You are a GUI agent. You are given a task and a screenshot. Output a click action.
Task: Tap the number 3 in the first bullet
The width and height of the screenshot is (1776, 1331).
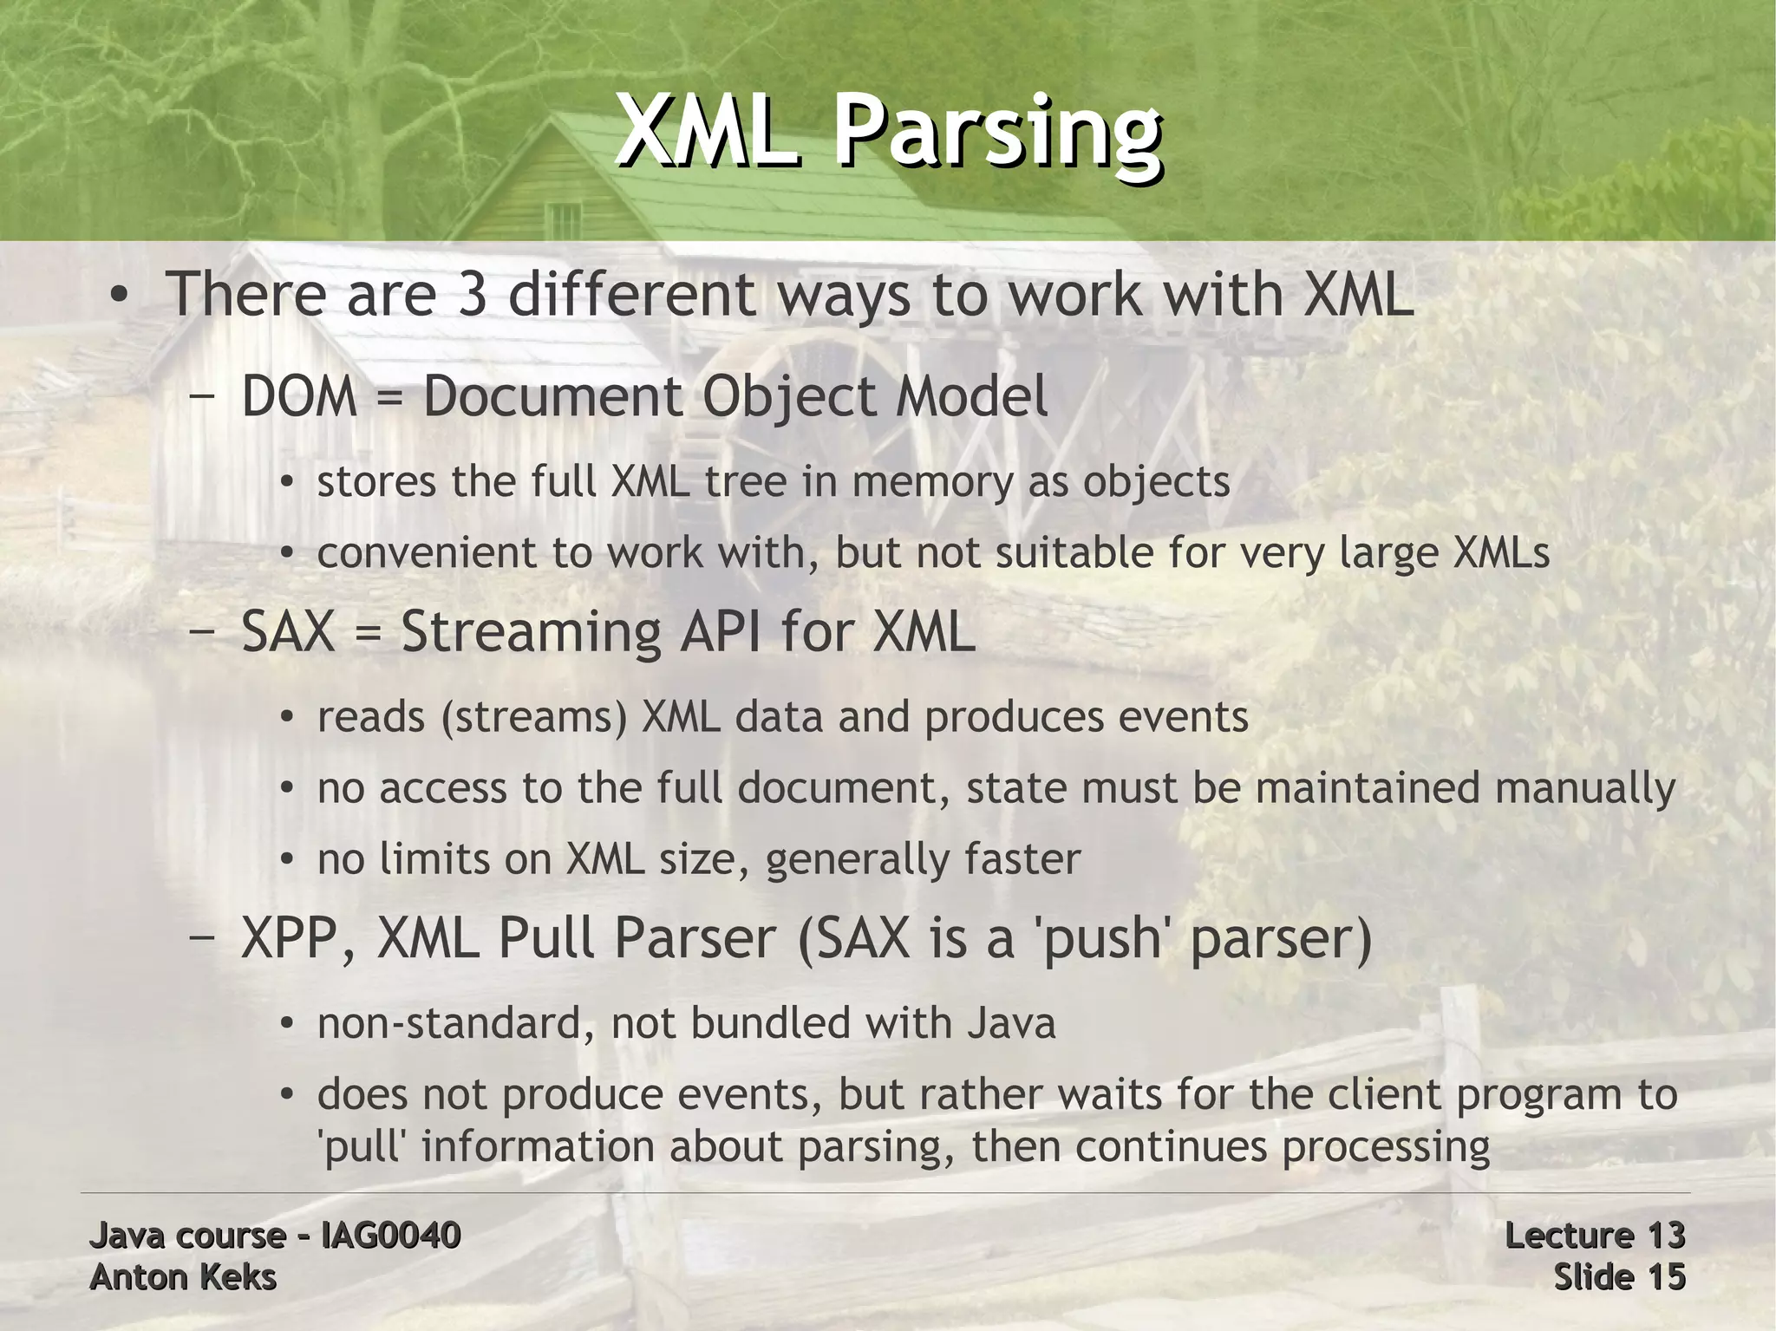(x=469, y=295)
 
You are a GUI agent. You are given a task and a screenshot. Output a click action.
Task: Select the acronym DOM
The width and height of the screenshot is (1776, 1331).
(x=299, y=397)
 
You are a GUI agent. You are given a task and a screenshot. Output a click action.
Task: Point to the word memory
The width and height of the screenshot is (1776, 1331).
(x=932, y=482)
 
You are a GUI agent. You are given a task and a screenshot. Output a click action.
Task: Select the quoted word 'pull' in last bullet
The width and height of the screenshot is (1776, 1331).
(x=362, y=1147)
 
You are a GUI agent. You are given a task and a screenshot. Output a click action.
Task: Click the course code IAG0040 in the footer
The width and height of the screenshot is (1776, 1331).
(x=390, y=1235)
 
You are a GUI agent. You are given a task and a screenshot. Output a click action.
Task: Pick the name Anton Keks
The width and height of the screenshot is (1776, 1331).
(x=183, y=1277)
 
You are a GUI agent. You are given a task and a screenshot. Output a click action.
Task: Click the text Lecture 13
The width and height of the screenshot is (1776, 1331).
(x=1595, y=1235)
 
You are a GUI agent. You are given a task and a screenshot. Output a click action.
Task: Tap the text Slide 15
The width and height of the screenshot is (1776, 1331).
(x=1619, y=1277)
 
